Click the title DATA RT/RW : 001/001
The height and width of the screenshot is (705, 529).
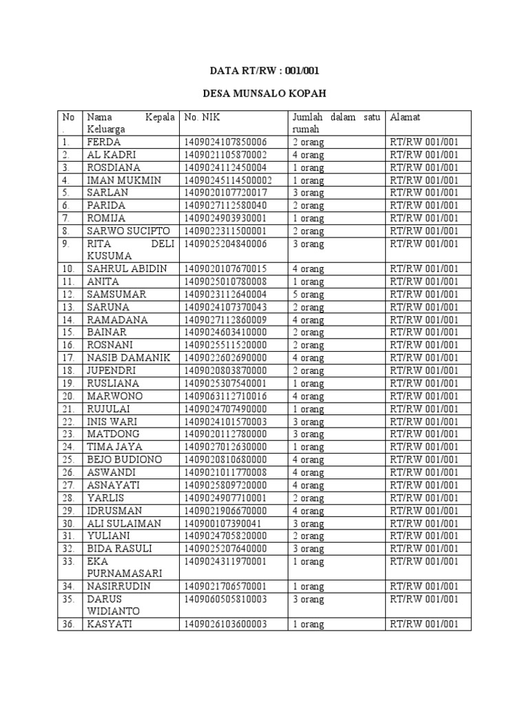coord(264,71)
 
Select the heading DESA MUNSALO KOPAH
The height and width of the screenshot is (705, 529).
coord(264,94)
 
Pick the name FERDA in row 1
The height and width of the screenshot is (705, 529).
coord(104,143)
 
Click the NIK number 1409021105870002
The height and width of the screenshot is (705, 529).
coord(225,155)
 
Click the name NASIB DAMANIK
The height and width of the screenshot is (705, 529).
coord(128,358)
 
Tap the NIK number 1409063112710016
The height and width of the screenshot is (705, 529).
coord(225,397)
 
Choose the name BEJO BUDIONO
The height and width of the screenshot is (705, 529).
coord(125,460)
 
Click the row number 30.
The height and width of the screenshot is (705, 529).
coord(67,524)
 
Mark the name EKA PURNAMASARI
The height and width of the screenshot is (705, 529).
coord(124,567)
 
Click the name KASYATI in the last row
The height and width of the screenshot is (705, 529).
coord(110,624)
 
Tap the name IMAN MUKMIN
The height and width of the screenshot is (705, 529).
coord(124,180)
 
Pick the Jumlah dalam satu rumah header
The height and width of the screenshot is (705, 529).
coord(336,123)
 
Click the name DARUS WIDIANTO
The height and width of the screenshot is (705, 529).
coord(113,605)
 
